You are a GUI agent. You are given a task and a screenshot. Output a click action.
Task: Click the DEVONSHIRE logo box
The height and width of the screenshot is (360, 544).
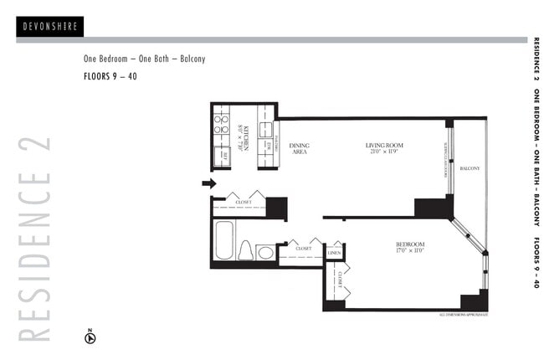click(49, 26)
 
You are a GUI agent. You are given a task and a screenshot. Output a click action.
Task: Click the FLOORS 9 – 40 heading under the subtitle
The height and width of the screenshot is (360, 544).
click(110, 76)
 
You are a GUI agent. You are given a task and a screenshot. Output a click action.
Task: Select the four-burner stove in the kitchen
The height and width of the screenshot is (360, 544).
click(222, 125)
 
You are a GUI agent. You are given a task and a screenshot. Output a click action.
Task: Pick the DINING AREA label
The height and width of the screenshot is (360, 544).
click(299, 149)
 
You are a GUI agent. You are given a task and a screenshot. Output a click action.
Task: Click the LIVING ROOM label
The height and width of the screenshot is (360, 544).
click(385, 147)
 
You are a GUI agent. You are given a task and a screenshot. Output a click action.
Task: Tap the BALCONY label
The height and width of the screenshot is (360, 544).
click(470, 168)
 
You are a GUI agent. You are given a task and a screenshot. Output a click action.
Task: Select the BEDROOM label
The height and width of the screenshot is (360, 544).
click(410, 244)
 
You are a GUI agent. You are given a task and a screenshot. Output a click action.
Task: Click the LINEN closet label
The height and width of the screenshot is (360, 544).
click(334, 251)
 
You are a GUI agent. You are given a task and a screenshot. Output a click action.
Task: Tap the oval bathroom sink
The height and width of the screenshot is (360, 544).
click(265, 251)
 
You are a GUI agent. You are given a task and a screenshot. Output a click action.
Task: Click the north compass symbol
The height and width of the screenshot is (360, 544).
click(91, 337)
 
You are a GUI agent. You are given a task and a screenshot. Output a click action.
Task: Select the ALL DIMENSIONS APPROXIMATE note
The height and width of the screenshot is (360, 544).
click(463, 315)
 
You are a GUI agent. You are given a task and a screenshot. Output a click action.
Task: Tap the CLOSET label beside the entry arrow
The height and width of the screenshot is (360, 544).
click(243, 202)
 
